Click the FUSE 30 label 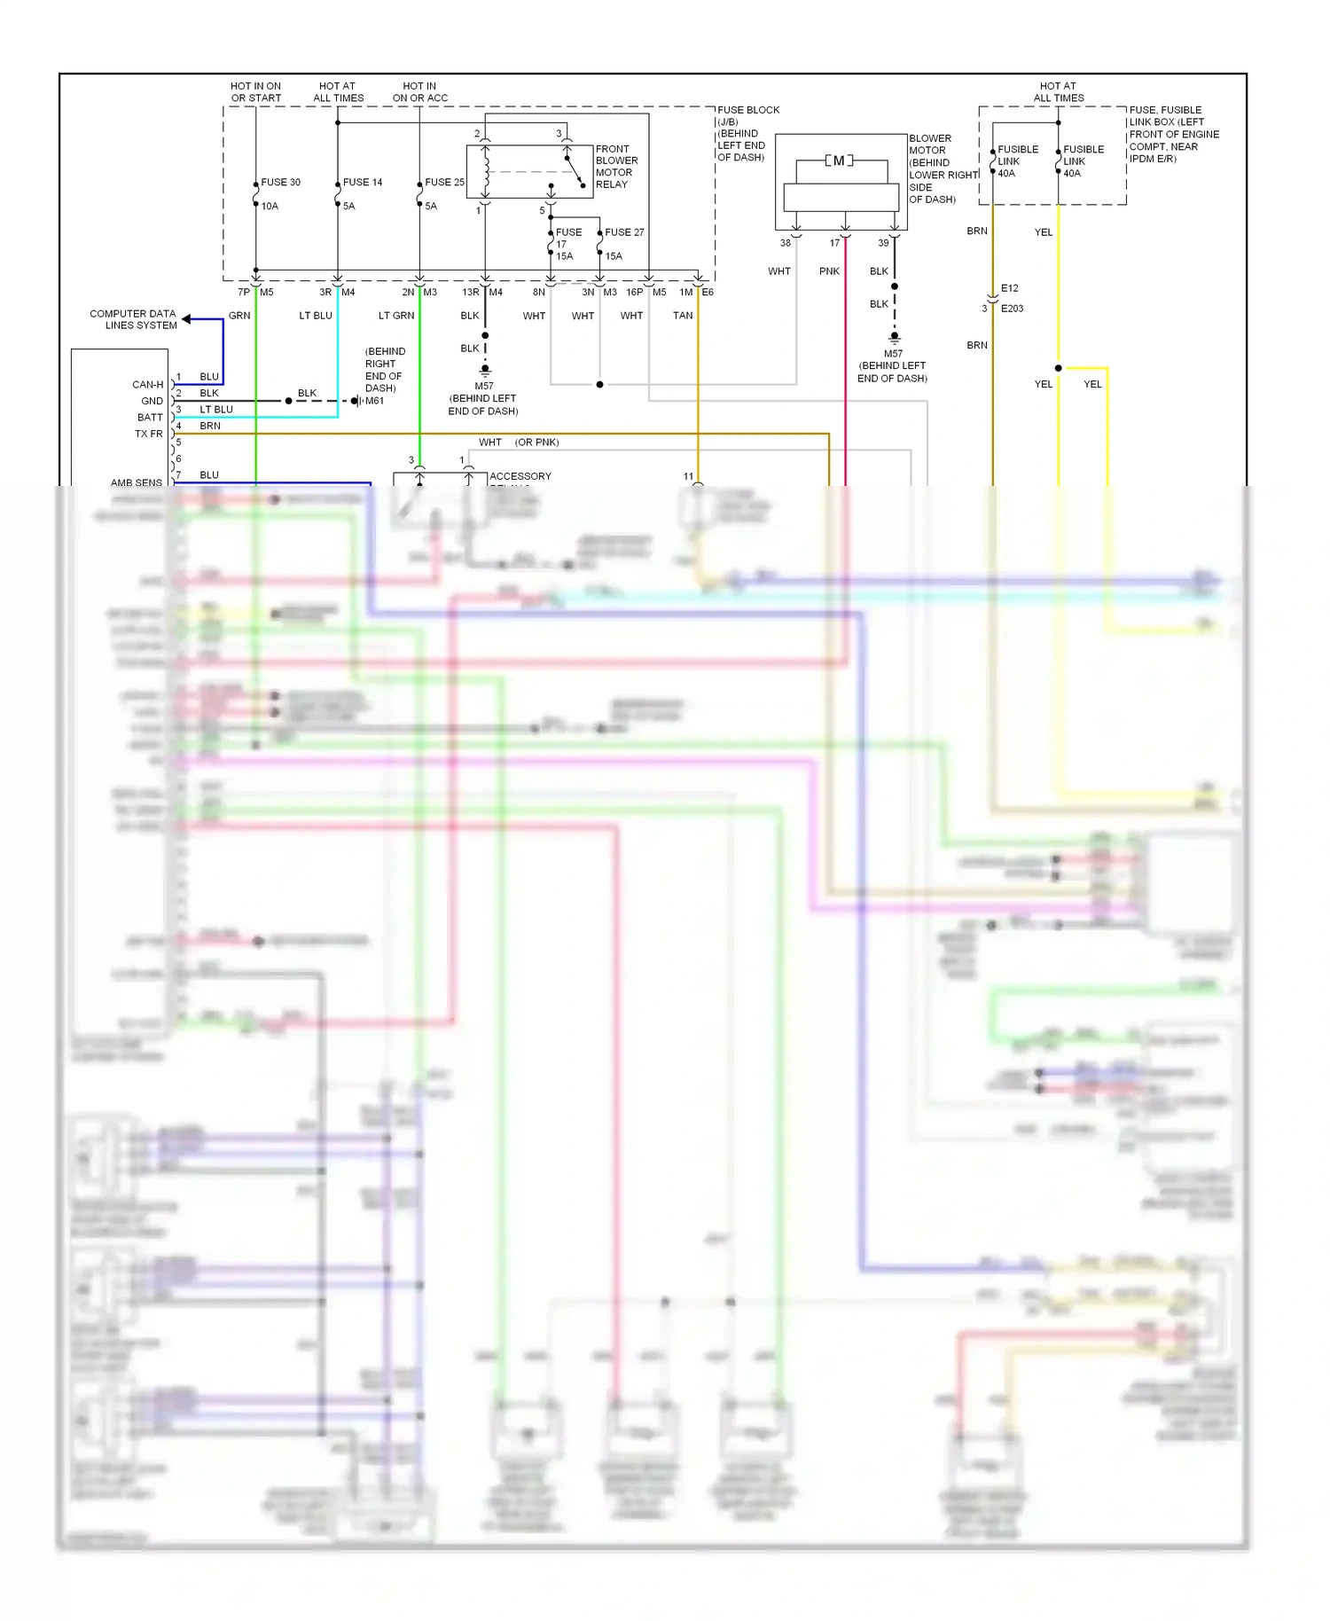point(280,182)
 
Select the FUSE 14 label point(363,182)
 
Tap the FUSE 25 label point(444,182)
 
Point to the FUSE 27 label point(624,232)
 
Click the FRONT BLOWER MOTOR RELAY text point(616,167)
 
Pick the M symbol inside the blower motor point(839,161)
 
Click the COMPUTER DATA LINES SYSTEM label point(133,319)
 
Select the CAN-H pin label point(147,385)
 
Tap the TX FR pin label point(148,434)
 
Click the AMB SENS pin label point(137,482)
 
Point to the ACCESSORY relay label point(520,476)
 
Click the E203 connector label point(1012,309)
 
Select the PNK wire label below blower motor point(829,271)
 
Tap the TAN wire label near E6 point(683,316)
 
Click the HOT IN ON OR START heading point(256,92)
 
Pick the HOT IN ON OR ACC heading point(420,92)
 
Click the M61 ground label point(375,401)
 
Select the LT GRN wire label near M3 point(396,316)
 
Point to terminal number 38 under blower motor point(785,243)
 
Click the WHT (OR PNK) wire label point(519,442)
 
